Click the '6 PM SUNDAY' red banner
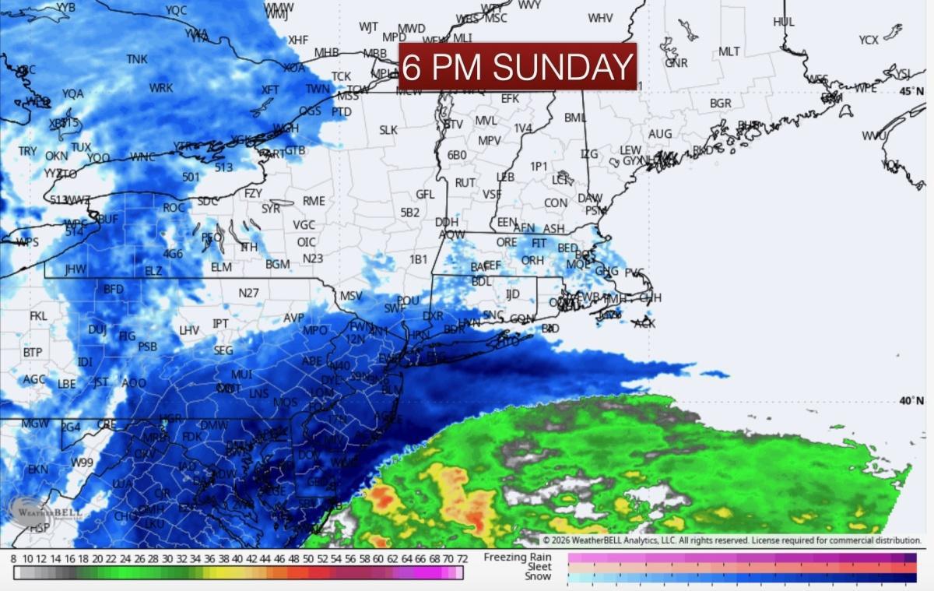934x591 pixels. pyautogui.click(x=518, y=67)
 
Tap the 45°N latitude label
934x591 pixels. pyautogui.click(x=911, y=91)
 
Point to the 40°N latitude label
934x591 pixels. pyautogui.click(x=911, y=401)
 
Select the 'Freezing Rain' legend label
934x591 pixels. pyautogui.click(x=517, y=558)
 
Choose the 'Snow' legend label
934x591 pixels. pyautogui.click(x=537, y=576)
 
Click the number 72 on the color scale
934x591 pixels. pyautogui.click(x=461, y=558)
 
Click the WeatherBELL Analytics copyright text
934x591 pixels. pyautogui.click(x=732, y=540)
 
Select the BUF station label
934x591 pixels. pyautogui.click(x=107, y=220)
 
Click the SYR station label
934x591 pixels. pyautogui.click(x=271, y=209)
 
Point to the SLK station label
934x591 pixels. pyautogui.click(x=388, y=130)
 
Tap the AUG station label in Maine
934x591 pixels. pyautogui.click(x=659, y=134)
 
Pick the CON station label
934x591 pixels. pyautogui.click(x=555, y=203)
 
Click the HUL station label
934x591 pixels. pyautogui.click(x=784, y=22)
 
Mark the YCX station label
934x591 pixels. pyautogui.click(x=869, y=40)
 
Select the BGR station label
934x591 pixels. pyautogui.click(x=720, y=103)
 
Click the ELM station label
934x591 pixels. pyautogui.click(x=221, y=267)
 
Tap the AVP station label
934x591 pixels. pyautogui.click(x=293, y=318)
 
